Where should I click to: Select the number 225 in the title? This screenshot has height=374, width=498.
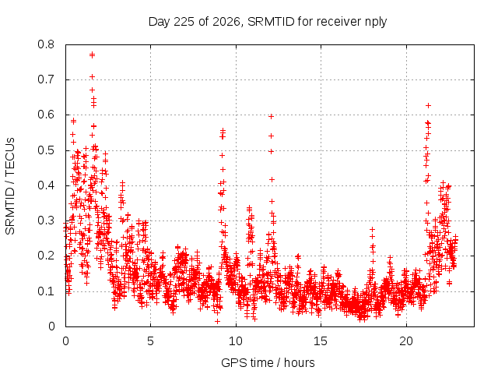point(184,22)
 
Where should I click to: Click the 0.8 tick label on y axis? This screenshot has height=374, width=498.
point(46,44)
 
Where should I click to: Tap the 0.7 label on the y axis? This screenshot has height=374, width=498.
point(46,79)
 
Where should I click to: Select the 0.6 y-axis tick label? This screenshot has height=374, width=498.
point(46,115)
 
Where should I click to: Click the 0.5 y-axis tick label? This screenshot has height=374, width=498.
point(46,150)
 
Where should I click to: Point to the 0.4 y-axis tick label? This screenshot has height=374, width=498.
point(46,185)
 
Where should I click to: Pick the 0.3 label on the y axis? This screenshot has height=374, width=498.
point(46,221)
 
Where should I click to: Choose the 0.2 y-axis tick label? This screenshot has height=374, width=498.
point(46,256)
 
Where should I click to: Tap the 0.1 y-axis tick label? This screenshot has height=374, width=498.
point(46,291)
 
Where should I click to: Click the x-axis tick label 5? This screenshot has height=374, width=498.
point(150,341)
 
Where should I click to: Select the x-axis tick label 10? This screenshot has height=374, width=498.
point(236,341)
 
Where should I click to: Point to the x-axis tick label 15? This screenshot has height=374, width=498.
point(321,341)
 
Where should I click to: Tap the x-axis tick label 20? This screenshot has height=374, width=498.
point(406,341)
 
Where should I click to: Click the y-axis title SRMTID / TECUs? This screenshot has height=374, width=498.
point(10,186)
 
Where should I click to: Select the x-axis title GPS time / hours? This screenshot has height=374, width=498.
point(268,362)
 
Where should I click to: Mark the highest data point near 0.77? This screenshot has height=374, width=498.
point(92,55)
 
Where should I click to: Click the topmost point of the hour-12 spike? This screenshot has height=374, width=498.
point(271,116)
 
